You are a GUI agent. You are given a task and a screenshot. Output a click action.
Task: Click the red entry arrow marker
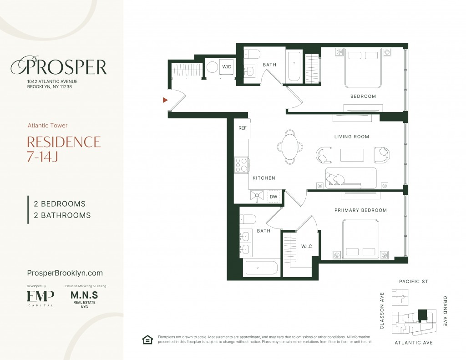click(x=165, y=100)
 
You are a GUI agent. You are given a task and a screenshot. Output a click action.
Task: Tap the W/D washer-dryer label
click(x=227, y=67)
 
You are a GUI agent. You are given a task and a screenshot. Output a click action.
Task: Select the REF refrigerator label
click(x=243, y=128)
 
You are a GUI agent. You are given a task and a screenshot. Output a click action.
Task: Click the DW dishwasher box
click(x=274, y=197)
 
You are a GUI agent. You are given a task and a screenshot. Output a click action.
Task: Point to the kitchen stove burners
click(x=241, y=165)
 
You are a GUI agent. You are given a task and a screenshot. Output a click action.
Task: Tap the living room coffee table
click(x=352, y=155)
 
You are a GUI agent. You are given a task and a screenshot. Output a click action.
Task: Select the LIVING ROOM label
click(x=352, y=137)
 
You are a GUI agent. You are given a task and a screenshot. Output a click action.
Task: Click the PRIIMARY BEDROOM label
click(x=360, y=210)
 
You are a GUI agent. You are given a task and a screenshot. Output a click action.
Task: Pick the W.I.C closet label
click(x=306, y=246)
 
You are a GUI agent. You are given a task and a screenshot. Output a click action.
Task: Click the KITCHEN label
click(x=264, y=178)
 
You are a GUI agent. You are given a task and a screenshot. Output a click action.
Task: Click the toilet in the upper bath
click(x=252, y=54)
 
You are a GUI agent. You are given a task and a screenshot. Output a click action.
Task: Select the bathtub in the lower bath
click(x=261, y=268)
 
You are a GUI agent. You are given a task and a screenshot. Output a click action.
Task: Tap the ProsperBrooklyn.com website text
click(x=65, y=273)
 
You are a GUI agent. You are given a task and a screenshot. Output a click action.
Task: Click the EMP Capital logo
click(x=41, y=298)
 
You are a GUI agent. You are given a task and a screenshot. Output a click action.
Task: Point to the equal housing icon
click(x=147, y=340)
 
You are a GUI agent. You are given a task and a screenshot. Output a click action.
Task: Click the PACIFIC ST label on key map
click(x=413, y=282)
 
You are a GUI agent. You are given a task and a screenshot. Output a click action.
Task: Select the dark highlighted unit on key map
click(x=422, y=315)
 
